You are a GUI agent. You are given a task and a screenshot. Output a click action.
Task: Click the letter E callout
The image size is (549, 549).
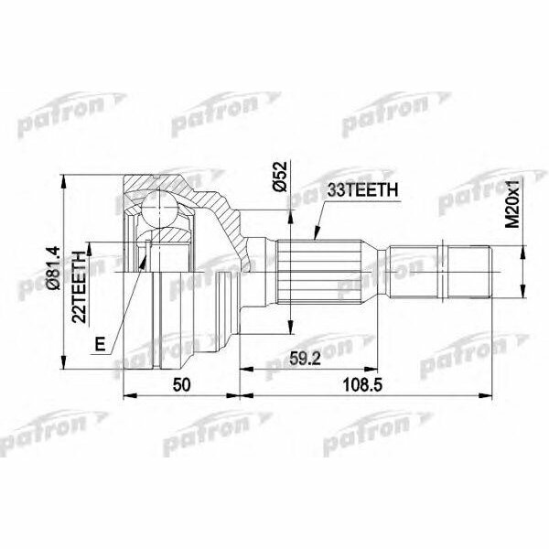coord(100,345)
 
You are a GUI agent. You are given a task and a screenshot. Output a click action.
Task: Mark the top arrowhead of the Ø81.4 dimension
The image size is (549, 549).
coord(62,178)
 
